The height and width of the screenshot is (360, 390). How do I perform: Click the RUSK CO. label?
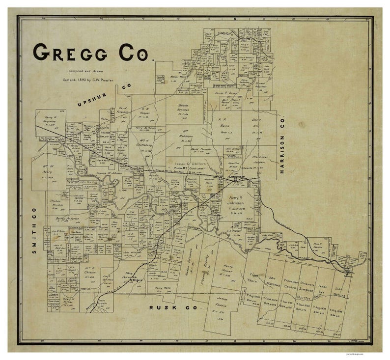click(175, 308)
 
